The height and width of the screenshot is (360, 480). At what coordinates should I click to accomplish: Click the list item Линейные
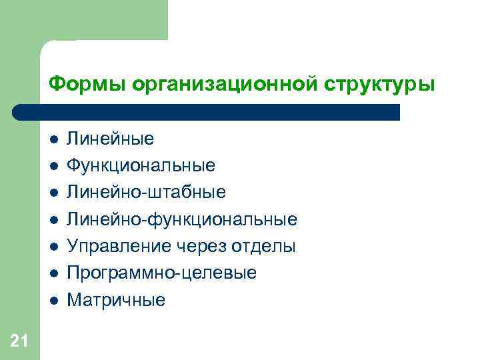[x=113, y=139]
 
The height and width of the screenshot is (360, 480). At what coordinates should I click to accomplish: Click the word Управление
[x=123, y=247]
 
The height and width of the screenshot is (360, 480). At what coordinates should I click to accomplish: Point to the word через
[x=204, y=247]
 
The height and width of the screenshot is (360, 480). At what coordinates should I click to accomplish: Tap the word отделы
[x=263, y=247]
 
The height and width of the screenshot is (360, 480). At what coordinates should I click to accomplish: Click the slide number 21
[x=19, y=341]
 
